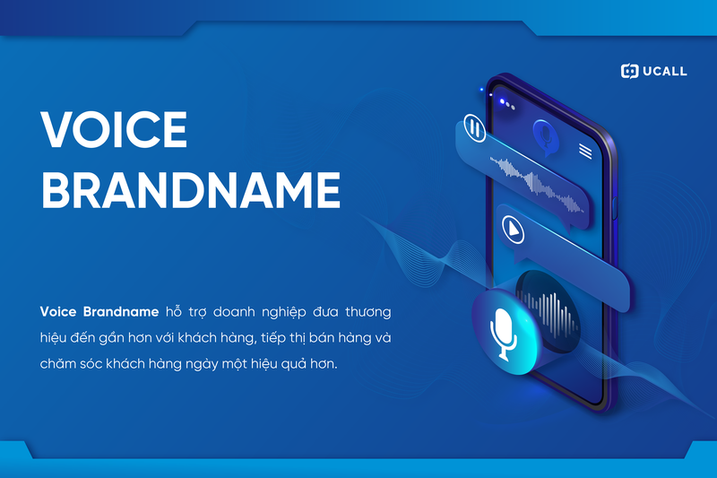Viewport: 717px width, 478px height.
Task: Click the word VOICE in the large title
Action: (x=114, y=131)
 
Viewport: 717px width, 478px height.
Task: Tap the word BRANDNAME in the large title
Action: (x=191, y=190)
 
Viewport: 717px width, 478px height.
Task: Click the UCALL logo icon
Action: (x=629, y=71)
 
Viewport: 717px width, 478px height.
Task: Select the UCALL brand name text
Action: (x=665, y=71)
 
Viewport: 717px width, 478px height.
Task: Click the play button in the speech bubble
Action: (x=511, y=228)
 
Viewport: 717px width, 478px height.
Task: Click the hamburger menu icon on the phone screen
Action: (x=585, y=150)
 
